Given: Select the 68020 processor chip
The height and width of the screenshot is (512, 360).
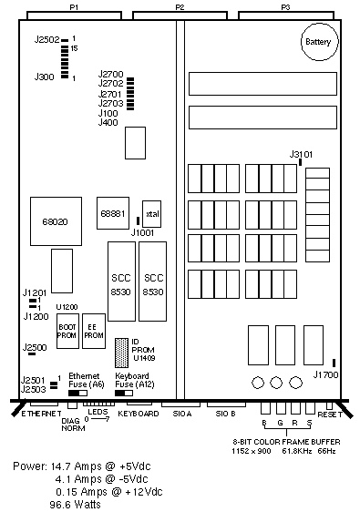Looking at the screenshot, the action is coord(56,221).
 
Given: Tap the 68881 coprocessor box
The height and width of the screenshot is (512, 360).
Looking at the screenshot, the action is coord(113,213).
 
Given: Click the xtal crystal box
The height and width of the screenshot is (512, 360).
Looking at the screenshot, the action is coord(152,214).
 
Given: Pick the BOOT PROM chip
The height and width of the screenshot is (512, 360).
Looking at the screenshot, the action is coord(67,331).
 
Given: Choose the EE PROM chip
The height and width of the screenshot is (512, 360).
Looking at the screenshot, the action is coord(94,331).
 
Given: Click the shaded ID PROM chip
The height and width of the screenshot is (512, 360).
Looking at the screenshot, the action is coord(121,353).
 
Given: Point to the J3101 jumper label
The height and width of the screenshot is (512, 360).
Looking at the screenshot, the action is coord(301,154).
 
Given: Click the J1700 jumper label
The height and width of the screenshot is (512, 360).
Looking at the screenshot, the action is coord(325,374).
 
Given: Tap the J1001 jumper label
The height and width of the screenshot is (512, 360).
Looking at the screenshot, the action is coord(142,233).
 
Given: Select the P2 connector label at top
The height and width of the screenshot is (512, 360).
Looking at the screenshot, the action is coord(180,7).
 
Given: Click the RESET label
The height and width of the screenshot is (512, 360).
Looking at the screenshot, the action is coord(330,415).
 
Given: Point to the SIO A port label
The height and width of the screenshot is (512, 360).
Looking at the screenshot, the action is coord(182,414).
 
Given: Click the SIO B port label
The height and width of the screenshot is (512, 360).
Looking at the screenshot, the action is coord(225,414).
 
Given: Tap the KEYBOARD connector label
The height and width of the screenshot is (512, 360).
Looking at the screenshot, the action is coord(139,414).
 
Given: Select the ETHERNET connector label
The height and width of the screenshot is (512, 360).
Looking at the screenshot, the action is coord(41,414).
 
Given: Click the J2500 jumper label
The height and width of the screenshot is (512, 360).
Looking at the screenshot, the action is coord(35,347).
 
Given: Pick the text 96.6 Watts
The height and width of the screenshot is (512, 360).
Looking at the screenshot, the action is coord(75,505).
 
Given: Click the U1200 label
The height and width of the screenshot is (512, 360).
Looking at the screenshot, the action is coord(67,307).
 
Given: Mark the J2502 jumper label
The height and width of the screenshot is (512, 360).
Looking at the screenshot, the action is coord(47,40).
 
